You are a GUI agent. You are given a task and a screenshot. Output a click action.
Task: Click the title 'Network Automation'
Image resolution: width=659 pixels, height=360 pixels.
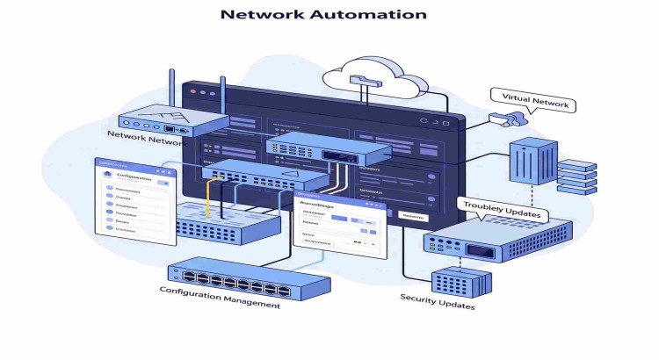click(x=323, y=14)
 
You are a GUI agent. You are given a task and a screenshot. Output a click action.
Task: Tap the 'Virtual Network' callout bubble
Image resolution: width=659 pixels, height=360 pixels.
click(x=534, y=103)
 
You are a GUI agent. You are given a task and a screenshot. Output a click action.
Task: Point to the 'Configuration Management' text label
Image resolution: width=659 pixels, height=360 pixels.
click(x=220, y=297)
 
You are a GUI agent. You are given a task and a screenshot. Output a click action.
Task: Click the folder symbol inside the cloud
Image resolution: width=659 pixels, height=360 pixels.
click(x=363, y=81)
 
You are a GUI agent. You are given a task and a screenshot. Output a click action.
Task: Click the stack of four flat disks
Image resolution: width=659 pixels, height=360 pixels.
click(x=577, y=176)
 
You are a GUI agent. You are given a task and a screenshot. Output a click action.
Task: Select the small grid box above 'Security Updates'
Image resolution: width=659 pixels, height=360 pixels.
click(x=460, y=279)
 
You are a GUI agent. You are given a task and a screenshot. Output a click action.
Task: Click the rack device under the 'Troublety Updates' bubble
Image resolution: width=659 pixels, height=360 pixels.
click(x=496, y=241)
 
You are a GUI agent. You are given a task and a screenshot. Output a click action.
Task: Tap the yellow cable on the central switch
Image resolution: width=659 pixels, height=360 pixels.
click(x=209, y=198)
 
